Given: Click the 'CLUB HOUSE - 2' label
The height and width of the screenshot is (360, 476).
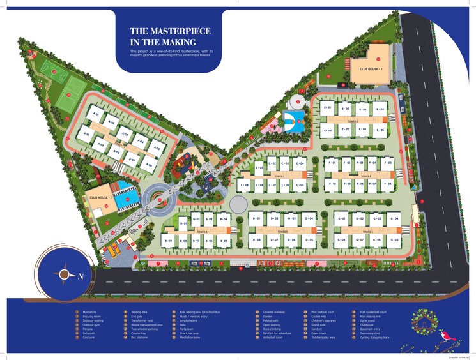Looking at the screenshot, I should pyautogui.click(x=371, y=68).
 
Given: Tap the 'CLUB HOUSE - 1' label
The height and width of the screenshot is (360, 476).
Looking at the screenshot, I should pyautogui.click(x=101, y=197).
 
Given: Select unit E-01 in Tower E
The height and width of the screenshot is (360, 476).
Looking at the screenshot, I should pyautogui.click(x=328, y=108).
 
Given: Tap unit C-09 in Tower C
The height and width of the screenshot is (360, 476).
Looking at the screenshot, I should pyautogui.click(x=243, y=185).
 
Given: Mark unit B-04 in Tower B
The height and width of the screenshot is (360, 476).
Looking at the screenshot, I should pyautogui.click(x=223, y=219).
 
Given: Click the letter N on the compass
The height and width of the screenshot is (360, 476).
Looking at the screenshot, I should pyautogui.click(x=81, y=276).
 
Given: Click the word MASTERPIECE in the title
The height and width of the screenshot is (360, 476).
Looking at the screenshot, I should pyautogui.click(x=180, y=31).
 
